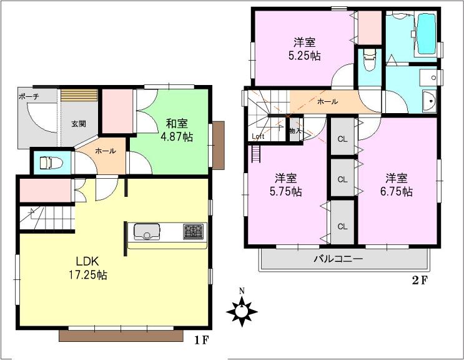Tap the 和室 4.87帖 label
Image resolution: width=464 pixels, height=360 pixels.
179,130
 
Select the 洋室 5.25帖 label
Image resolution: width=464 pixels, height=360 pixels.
305,49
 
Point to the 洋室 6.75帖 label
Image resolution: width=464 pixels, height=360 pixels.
398,184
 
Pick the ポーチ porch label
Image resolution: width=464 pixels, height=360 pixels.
29,96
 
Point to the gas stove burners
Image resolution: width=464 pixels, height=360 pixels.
193,232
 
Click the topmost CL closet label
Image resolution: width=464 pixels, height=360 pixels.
342,140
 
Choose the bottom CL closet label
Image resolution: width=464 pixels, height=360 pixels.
342,225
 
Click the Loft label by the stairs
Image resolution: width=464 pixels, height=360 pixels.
257,136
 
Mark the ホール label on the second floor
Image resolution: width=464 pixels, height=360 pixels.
328,101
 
